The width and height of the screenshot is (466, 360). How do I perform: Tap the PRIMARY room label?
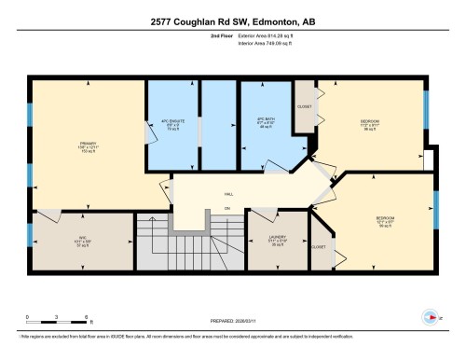(81, 145)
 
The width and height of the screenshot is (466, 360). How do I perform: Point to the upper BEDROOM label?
(371, 121)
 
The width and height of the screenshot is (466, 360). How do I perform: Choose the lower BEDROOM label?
(384, 219)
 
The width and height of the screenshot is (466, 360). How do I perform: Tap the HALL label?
(228, 194)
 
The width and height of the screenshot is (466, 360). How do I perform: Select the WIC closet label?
(81, 237)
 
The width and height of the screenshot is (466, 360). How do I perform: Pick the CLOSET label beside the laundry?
(319, 246)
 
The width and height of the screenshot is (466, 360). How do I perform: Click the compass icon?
(430, 317)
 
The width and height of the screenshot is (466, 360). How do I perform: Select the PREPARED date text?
(232, 316)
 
